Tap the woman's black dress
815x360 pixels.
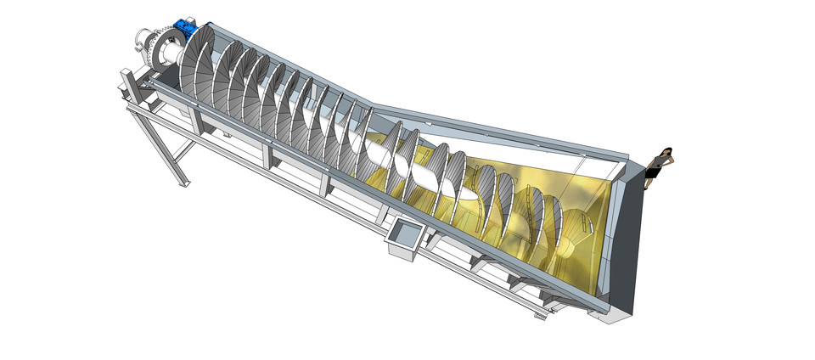click(x=654, y=170)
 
